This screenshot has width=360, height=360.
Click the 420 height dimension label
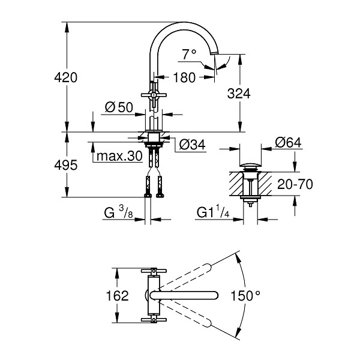(x=66, y=77)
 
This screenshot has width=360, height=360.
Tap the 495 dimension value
(x=66, y=165)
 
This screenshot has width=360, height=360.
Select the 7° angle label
(x=190, y=54)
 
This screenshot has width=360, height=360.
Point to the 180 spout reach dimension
(x=184, y=77)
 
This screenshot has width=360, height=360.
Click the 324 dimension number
(x=239, y=94)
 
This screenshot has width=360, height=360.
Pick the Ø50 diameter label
(x=119, y=107)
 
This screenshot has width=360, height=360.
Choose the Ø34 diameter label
(x=192, y=145)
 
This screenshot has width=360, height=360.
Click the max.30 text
(x=119, y=156)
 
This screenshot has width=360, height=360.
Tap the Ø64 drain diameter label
(x=288, y=143)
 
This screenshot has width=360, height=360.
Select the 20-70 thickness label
(x=295, y=184)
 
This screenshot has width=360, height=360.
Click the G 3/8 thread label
(x=118, y=212)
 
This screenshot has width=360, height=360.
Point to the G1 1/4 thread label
(x=213, y=212)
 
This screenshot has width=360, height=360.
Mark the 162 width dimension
(x=117, y=295)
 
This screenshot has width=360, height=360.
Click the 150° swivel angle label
(x=245, y=295)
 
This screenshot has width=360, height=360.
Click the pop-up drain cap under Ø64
(x=250, y=165)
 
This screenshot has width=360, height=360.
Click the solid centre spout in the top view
(x=184, y=295)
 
